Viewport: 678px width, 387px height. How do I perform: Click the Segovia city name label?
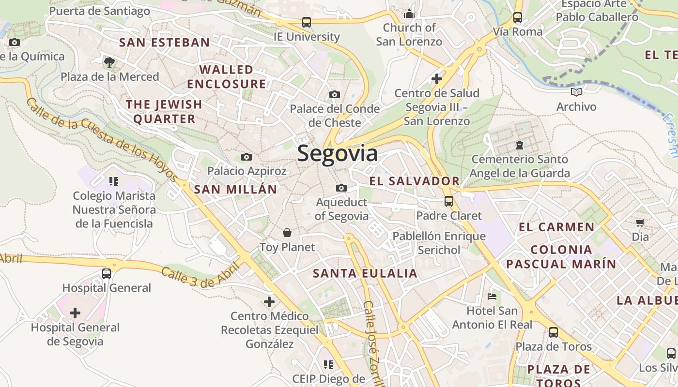pyautogui.click(x=337, y=154)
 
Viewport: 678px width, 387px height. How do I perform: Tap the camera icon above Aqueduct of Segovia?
pyautogui.click(x=341, y=188)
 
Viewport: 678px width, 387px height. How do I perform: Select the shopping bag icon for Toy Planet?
pyautogui.click(x=287, y=233)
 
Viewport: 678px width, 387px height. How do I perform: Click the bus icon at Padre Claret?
pyautogui.click(x=449, y=201)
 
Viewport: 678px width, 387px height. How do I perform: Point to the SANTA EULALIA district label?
pyautogui.click(x=365, y=273)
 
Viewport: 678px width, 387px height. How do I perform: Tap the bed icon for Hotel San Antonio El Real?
pyautogui.click(x=492, y=296)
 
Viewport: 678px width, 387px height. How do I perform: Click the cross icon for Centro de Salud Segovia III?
pyautogui.click(x=437, y=78)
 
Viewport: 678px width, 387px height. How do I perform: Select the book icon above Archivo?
pyautogui.click(x=576, y=92)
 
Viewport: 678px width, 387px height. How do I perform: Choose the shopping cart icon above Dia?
pyautogui.click(x=640, y=223)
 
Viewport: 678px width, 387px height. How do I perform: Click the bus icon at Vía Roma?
pyautogui.click(x=518, y=18)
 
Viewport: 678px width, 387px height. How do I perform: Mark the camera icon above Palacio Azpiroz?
pyautogui.click(x=247, y=157)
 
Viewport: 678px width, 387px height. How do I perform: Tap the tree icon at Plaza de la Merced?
pyautogui.click(x=109, y=62)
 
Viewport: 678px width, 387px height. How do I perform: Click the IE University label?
pyautogui.click(x=307, y=37)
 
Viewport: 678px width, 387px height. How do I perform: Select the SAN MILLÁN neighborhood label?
pyautogui.click(x=235, y=189)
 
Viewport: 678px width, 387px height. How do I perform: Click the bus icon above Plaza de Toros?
pyautogui.click(x=553, y=332)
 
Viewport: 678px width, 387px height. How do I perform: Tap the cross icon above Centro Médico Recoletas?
pyautogui.click(x=269, y=302)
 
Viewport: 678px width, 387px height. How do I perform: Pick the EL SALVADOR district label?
pyautogui.click(x=415, y=181)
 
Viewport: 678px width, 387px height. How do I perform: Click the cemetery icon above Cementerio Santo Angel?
pyautogui.click(x=520, y=145)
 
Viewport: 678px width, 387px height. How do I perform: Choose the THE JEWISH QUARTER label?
pyautogui.click(x=164, y=111)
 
